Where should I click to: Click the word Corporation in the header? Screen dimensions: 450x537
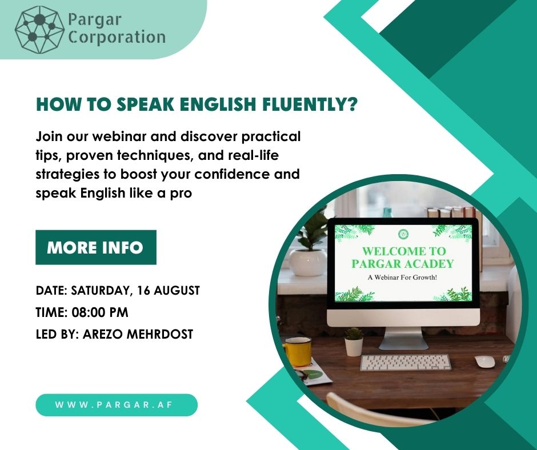(116, 38)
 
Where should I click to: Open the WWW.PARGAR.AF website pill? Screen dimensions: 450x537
(117, 405)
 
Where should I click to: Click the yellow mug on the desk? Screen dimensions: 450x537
(297, 351)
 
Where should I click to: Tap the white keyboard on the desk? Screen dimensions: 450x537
(405, 363)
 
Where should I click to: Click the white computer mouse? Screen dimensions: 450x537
(484, 361)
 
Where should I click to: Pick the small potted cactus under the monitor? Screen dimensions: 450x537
(354, 342)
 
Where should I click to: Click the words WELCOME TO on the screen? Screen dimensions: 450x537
(404, 251)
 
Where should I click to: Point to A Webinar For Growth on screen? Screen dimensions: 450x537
(404, 278)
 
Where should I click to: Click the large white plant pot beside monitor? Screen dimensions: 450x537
(308, 262)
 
